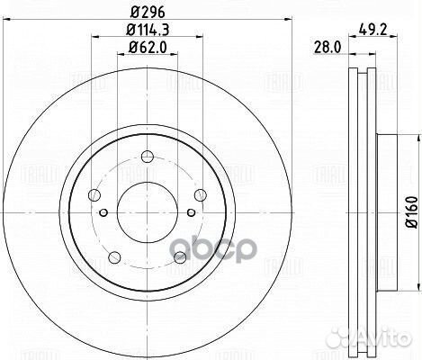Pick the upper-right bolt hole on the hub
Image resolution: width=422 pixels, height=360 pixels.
click(x=196, y=193)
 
